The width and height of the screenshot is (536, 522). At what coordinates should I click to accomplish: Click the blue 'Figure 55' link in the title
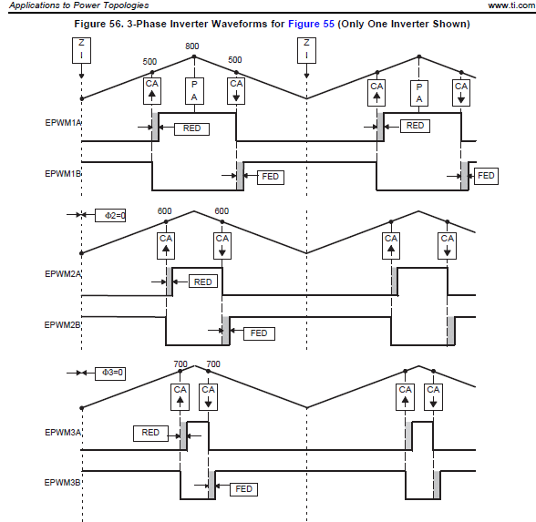[x=311, y=24]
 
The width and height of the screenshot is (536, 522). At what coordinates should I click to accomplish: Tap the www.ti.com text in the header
[x=511, y=5]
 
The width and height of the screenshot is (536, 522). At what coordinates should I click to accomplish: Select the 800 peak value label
[x=192, y=46]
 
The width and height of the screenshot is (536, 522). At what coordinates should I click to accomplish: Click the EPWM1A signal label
[x=63, y=123]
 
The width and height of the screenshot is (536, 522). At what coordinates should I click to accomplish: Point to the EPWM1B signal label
[x=63, y=174]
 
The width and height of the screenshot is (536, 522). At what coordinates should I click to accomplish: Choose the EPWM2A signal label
[x=63, y=274]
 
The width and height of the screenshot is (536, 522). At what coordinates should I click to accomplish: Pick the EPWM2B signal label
[x=63, y=325]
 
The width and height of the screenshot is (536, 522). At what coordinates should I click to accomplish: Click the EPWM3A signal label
[x=63, y=433]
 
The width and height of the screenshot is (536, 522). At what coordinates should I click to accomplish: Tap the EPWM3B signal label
[x=63, y=483]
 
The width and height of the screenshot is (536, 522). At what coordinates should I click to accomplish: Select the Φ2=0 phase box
[x=110, y=216]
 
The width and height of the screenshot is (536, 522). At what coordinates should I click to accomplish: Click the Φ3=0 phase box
[x=110, y=374]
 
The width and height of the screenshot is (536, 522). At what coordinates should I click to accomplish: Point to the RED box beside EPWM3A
[x=150, y=434]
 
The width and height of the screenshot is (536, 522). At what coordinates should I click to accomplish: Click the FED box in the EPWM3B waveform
[x=243, y=489]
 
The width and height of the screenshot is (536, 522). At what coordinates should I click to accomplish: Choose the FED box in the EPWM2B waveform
[x=259, y=333]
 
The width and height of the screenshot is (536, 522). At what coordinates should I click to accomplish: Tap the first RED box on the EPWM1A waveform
[x=191, y=128]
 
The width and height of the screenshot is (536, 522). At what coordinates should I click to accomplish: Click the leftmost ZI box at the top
[x=81, y=51]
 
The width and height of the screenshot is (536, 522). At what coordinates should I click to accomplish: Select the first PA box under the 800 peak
[x=194, y=91]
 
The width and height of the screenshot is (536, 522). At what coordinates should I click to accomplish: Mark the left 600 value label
[x=164, y=211]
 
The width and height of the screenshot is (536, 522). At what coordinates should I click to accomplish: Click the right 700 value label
[x=213, y=364]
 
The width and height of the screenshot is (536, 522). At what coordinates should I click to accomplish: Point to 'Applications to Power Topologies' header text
[x=79, y=5]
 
